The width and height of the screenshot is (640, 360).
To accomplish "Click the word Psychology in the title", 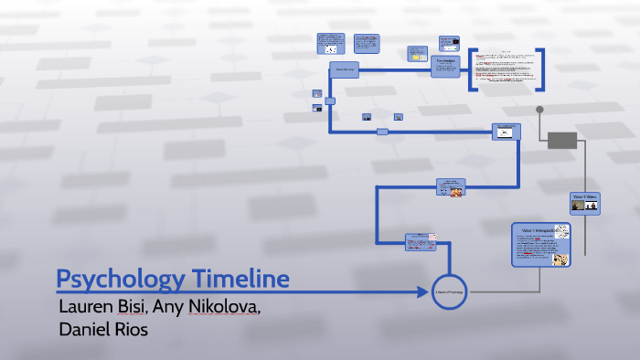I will pyautogui.click(x=116, y=279).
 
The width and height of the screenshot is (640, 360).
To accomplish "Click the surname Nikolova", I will pyautogui.click(x=225, y=305).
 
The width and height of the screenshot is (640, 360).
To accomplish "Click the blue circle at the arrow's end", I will pyautogui.click(x=449, y=291).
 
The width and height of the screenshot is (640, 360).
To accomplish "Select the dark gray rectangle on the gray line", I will pyautogui.click(x=561, y=140).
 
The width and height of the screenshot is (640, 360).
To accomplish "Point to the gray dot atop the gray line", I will pyautogui.click(x=539, y=110).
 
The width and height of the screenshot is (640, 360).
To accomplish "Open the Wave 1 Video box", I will pyautogui.click(x=585, y=202).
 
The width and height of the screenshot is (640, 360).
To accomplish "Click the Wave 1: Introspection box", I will pyautogui.click(x=540, y=244).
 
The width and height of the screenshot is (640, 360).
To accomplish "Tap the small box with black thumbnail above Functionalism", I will pyautogui.click(x=448, y=42).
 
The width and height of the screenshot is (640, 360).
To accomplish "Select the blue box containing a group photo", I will pyautogui.click(x=450, y=187).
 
